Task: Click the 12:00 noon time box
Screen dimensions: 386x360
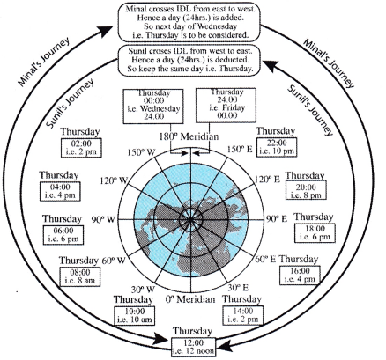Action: [193, 347]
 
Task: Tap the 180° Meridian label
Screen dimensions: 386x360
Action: [189, 136]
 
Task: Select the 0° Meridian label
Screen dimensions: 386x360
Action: [190, 299]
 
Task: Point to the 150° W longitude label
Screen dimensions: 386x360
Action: [141, 152]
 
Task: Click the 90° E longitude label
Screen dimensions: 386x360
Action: [277, 219]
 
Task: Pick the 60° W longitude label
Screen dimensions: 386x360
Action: [114, 261]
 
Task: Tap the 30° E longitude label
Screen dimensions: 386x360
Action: [238, 288]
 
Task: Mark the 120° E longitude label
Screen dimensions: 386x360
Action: [267, 179]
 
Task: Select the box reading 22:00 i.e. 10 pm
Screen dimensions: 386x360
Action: [277, 147]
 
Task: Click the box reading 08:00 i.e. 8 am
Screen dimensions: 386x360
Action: [80, 276]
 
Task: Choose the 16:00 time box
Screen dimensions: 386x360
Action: [300, 275]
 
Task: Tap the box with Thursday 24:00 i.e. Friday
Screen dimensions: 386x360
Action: [226, 105]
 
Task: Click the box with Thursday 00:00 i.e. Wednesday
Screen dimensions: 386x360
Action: [153, 107]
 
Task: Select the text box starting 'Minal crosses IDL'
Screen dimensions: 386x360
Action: [189, 22]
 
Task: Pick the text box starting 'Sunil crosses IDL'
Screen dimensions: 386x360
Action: [189, 61]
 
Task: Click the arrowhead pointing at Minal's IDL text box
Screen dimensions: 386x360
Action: [105, 31]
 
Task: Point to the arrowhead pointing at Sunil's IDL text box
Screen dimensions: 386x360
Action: [271, 66]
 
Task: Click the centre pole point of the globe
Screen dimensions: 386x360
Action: [190, 219]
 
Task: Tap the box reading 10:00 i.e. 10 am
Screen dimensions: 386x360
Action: [135, 316]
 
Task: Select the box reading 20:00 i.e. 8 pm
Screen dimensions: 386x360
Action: [306, 191]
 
